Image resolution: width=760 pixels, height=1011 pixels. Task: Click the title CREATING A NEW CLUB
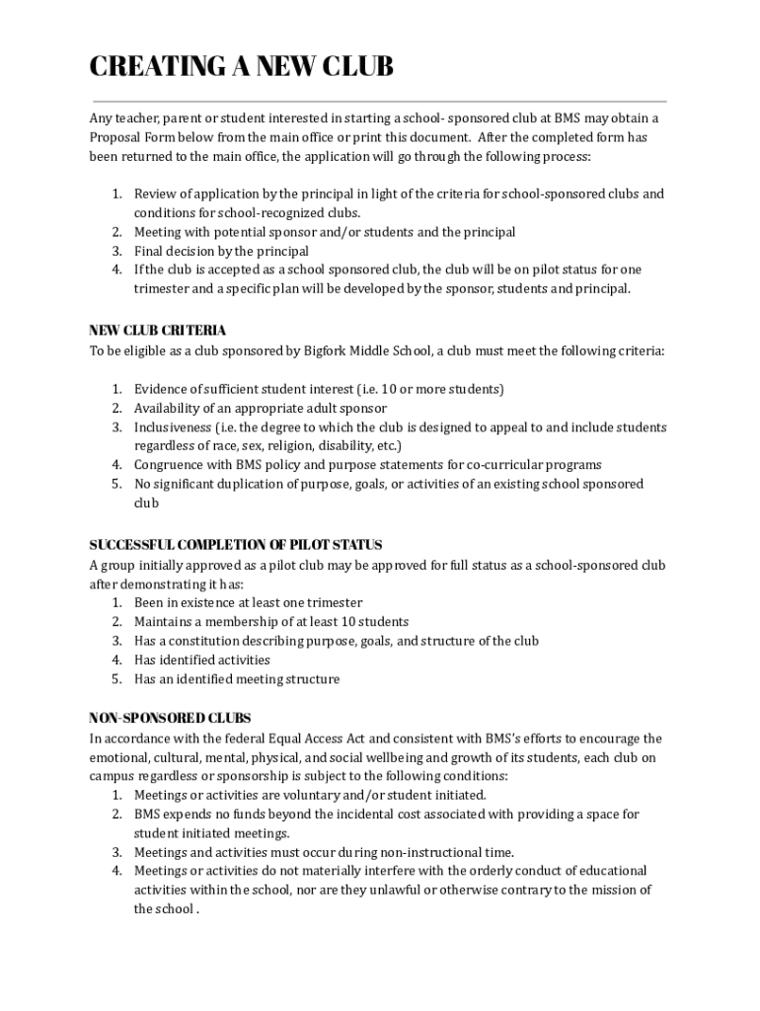coord(241,67)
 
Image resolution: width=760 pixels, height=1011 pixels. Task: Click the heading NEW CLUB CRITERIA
coord(158,331)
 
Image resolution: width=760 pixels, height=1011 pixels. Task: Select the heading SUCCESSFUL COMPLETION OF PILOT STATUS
coord(236,545)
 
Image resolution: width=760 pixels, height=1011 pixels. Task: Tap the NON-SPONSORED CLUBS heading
coord(170,718)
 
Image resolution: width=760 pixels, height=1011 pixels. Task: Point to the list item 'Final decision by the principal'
coord(221,252)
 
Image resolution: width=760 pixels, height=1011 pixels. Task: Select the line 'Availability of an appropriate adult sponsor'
coord(261,408)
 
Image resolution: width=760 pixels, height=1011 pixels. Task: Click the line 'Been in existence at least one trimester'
coord(248,602)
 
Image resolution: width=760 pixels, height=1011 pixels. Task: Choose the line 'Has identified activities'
coord(202,660)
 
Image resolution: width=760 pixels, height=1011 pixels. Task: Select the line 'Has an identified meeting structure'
coord(237,679)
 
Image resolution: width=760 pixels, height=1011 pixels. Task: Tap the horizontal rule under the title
coord(380,101)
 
